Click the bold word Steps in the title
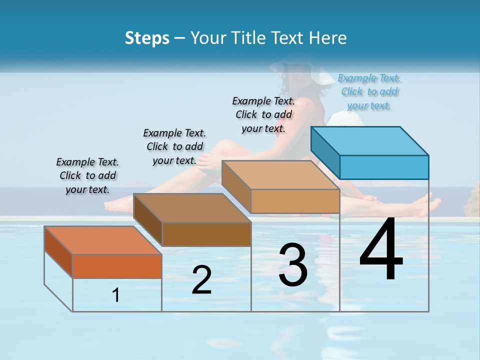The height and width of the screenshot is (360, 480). [x=147, y=38]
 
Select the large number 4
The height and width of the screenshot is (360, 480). [x=381, y=249]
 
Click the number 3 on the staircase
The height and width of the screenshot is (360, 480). [x=293, y=265]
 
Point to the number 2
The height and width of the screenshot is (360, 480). [x=202, y=280]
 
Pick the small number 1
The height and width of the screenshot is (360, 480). [x=116, y=295]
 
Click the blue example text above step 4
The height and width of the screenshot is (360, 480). [x=369, y=91]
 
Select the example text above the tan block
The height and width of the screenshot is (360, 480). [x=263, y=114]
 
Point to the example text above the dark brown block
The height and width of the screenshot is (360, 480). [x=174, y=146]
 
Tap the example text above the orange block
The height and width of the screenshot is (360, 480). [x=87, y=175]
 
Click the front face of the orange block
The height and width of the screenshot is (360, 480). [x=117, y=266]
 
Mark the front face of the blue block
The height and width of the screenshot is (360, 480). [x=384, y=167]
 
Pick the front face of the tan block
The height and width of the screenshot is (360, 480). [x=295, y=201]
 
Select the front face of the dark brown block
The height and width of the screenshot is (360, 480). [x=206, y=234]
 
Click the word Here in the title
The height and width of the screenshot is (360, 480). [x=329, y=38]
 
